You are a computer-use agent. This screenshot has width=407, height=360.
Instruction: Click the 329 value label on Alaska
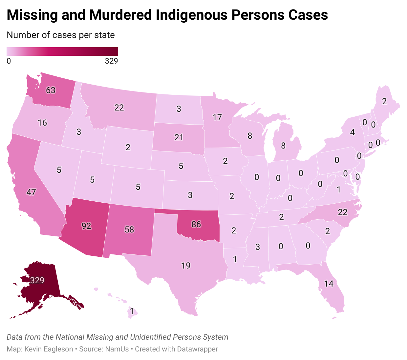point(37,280)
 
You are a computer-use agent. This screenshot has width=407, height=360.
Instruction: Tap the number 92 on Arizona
point(86,226)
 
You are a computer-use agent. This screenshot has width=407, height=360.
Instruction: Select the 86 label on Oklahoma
point(196,225)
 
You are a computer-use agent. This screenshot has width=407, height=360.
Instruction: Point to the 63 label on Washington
point(51,90)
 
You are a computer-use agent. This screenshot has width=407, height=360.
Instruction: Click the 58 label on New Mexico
point(129,230)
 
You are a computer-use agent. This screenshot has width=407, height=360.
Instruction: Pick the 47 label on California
point(31,192)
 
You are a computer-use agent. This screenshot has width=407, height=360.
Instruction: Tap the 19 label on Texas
point(186,266)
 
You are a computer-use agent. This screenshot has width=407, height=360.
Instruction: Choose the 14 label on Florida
point(329,284)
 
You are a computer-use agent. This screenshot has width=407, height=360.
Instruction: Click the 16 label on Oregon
point(42,123)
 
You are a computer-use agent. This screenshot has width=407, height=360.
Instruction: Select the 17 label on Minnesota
point(217,117)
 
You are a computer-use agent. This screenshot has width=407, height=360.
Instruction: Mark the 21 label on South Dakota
point(179,137)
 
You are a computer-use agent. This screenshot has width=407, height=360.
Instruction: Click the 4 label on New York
point(353,132)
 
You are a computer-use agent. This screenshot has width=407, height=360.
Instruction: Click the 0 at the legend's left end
point(9,61)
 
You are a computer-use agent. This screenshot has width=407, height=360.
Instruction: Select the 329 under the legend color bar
point(111,61)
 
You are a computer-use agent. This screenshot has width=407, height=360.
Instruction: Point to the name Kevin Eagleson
point(49,349)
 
